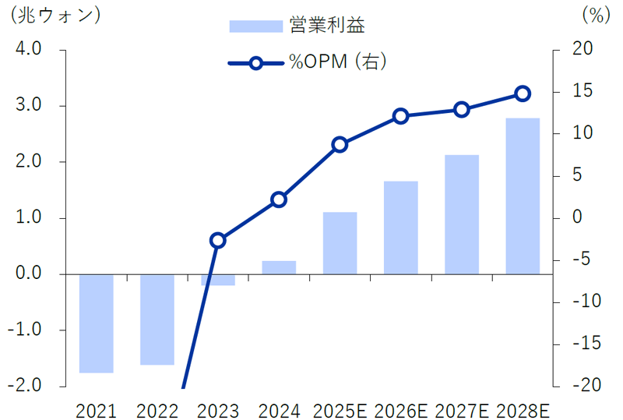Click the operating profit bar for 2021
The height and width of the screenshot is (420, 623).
[97, 323]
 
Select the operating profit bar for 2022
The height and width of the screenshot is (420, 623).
[157, 319]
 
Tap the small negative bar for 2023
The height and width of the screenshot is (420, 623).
[218, 280]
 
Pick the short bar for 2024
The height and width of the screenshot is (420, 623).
[279, 267]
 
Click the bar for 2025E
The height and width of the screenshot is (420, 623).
[340, 243]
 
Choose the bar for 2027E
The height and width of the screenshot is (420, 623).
[462, 214]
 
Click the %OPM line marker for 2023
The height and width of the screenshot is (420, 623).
[218, 240]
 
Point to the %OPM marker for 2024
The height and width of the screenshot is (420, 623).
[279, 199]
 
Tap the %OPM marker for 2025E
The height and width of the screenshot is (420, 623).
[340, 144]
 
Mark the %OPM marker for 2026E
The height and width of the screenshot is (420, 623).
[401, 116]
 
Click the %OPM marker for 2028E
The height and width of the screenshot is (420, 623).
[523, 94]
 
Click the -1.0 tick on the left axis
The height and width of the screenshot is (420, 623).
[27, 330]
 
